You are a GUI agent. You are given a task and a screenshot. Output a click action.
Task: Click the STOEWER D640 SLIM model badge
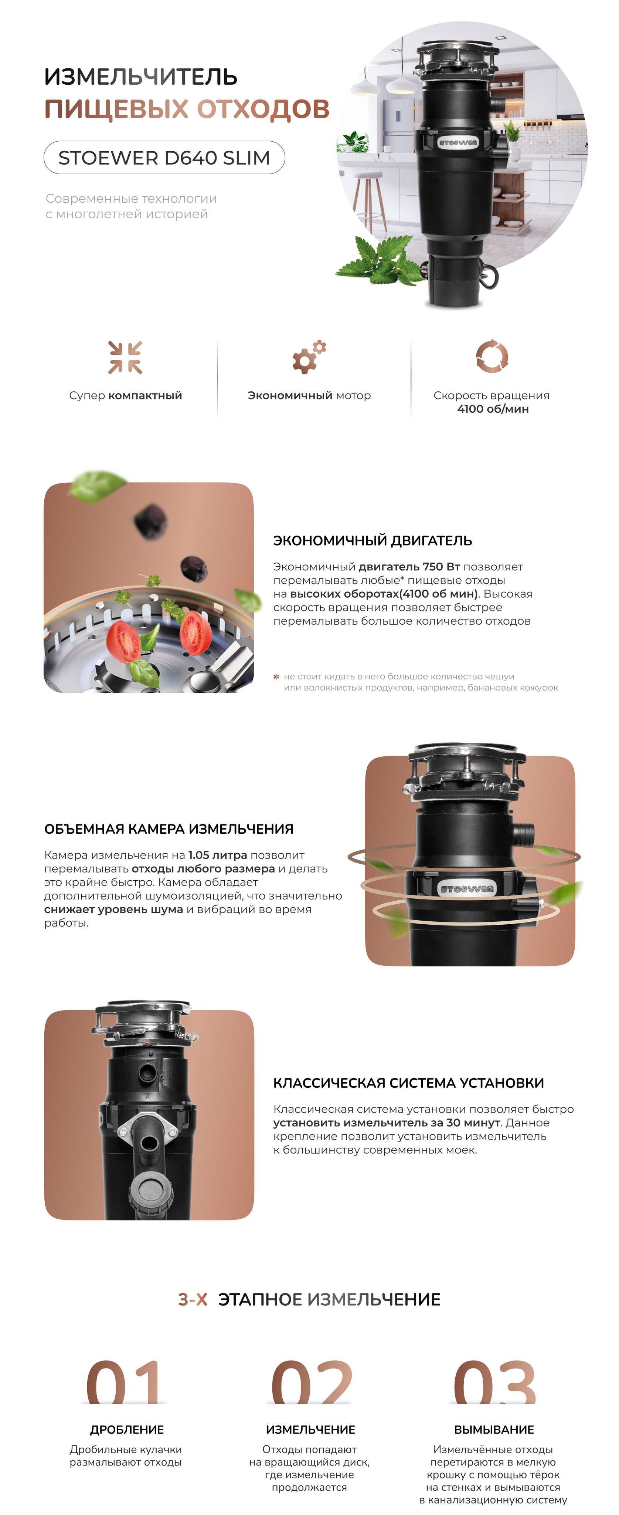click(x=164, y=158)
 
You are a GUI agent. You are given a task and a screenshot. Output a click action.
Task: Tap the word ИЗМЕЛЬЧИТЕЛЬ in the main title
click(x=141, y=77)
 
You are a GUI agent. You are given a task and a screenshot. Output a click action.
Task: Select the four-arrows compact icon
click(x=125, y=357)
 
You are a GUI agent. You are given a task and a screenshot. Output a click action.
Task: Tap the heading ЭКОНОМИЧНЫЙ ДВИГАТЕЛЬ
click(x=373, y=540)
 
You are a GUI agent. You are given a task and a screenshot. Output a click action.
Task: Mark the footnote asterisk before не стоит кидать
click(x=276, y=677)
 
